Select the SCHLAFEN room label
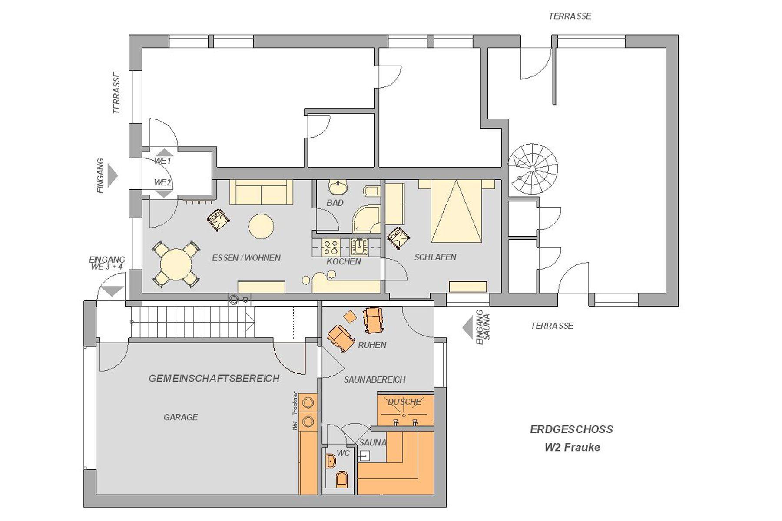tap(435, 257)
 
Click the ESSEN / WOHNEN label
tap(246, 258)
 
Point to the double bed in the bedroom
tap(457, 211)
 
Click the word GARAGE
tap(181, 417)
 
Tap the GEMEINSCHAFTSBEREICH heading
tap(214, 379)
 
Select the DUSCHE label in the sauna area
tap(404, 402)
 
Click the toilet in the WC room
tap(342, 479)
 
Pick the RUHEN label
tap(372, 345)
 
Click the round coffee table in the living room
tap(261, 226)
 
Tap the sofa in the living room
tap(261, 192)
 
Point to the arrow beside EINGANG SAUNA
tap(467, 327)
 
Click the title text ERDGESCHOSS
tap(572, 429)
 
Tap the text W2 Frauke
tap(573, 447)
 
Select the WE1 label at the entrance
tap(163, 161)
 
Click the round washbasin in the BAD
tap(338, 188)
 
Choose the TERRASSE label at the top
tap(570, 16)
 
